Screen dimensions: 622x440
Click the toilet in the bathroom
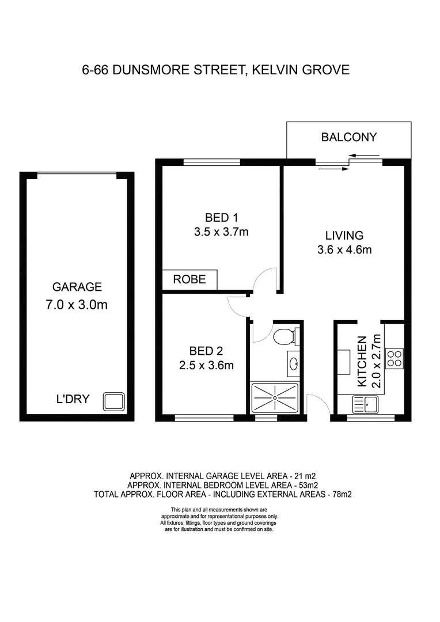[x=286, y=336]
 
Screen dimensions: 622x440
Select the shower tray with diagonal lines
[x=275, y=398]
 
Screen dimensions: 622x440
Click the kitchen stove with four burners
[x=395, y=358]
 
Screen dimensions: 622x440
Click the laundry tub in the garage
[x=113, y=401]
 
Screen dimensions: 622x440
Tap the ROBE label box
[x=189, y=280]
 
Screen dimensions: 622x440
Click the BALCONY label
[x=348, y=137]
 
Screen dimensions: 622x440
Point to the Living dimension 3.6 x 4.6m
[x=344, y=250]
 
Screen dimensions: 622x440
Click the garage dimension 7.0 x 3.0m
[x=77, y=305]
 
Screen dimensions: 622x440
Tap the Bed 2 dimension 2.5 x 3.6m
[x=206, y=365]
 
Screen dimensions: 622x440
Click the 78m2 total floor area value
[x=340, y=494]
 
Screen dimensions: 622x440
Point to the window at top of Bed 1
[x=211, y=162]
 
